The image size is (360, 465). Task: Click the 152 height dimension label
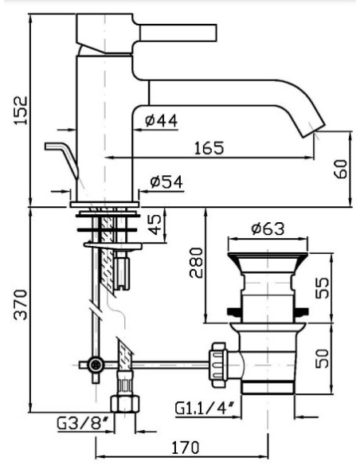click(21, 111)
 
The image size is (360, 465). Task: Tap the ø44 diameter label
click(162, 121)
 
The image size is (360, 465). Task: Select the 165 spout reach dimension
click(209, 148)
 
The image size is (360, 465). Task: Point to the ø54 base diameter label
click(166, 182)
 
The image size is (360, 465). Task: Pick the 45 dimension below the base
click(155, 224)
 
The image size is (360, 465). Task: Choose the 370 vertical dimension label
click(21, 305)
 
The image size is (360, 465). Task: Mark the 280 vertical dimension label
click(196, 263)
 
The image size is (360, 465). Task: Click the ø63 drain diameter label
click(268, 229)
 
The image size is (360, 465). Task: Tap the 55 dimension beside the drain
click(323, 287)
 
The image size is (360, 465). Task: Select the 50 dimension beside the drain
click(323, 358)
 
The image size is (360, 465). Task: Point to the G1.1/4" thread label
click(205, 408)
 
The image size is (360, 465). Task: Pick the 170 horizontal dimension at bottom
click(186, 447)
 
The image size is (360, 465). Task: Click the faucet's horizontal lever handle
click(178, 33)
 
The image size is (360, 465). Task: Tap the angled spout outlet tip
click(314, 131)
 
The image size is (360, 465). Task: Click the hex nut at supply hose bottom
click(125, 404)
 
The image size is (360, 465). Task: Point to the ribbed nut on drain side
click(218, 365)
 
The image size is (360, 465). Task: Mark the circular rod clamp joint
click(96, 365)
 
